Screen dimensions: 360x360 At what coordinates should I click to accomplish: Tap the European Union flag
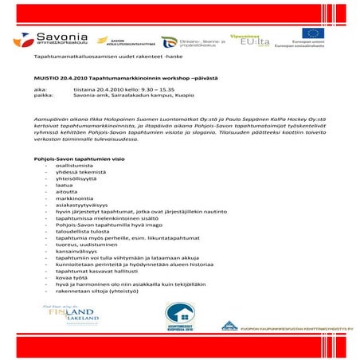point(310,33)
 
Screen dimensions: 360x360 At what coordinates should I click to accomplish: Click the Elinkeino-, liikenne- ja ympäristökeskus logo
point(191,43)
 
